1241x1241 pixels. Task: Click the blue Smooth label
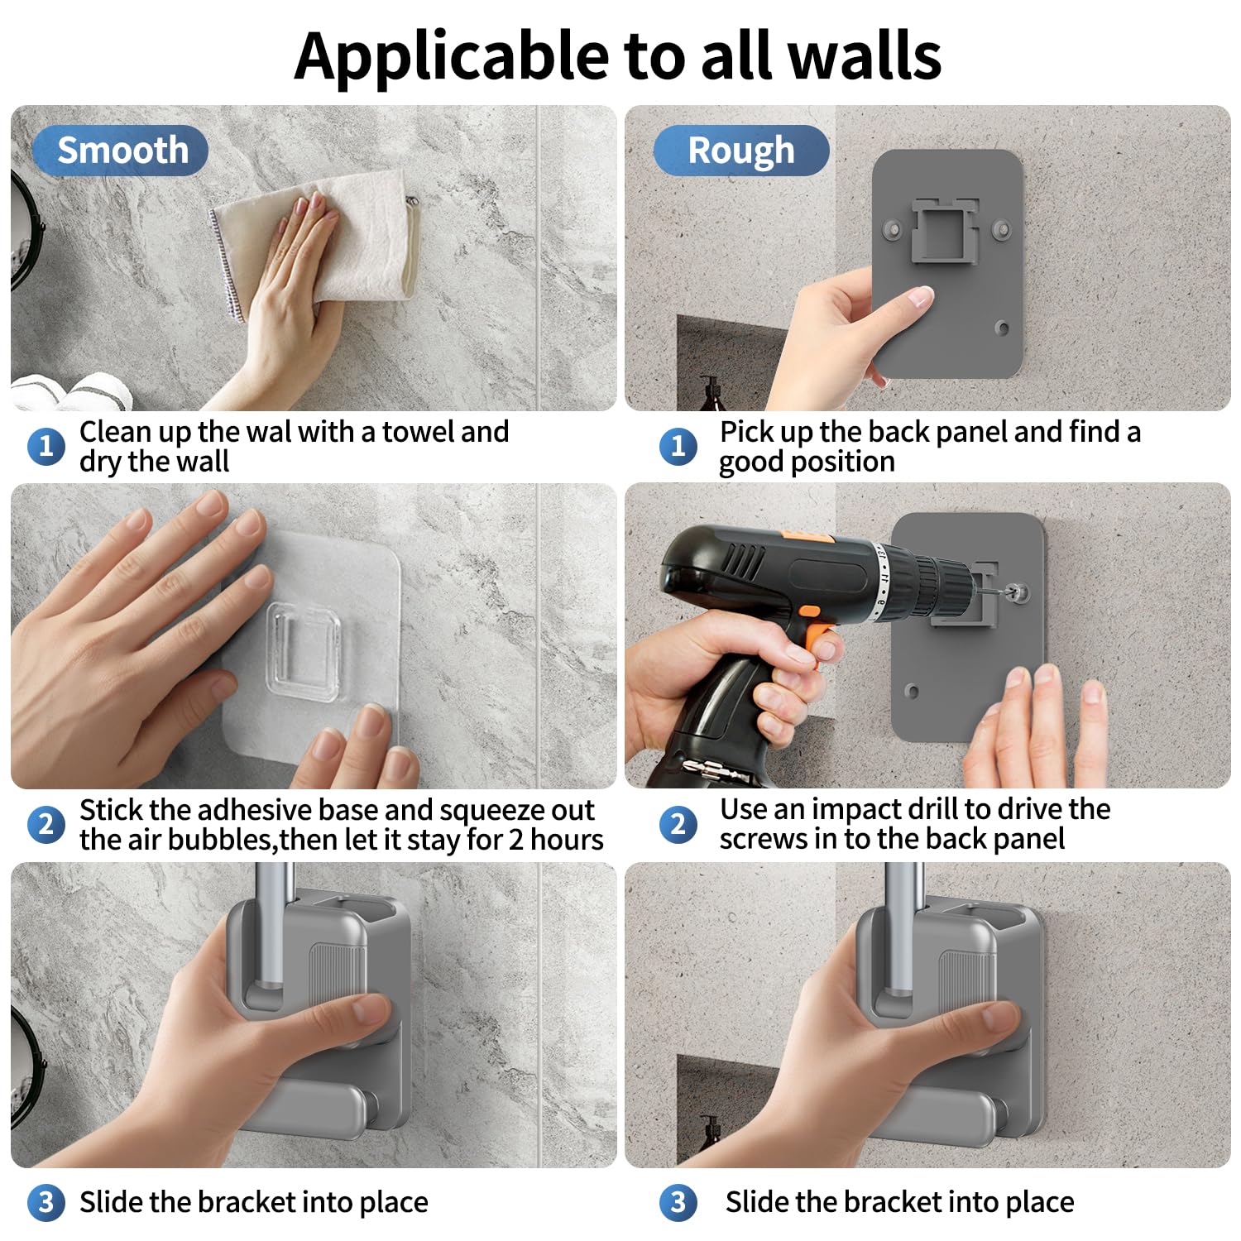120,151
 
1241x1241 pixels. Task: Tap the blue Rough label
741,151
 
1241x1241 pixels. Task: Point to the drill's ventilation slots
743,563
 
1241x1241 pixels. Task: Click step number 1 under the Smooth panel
46,447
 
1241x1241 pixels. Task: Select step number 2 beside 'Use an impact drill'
678,825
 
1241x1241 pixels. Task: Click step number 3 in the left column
46,1202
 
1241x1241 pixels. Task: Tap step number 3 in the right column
678,1202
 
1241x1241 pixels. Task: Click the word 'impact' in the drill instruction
859,810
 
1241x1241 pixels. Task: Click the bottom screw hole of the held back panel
1002,328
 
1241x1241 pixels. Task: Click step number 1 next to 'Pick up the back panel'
678,447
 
